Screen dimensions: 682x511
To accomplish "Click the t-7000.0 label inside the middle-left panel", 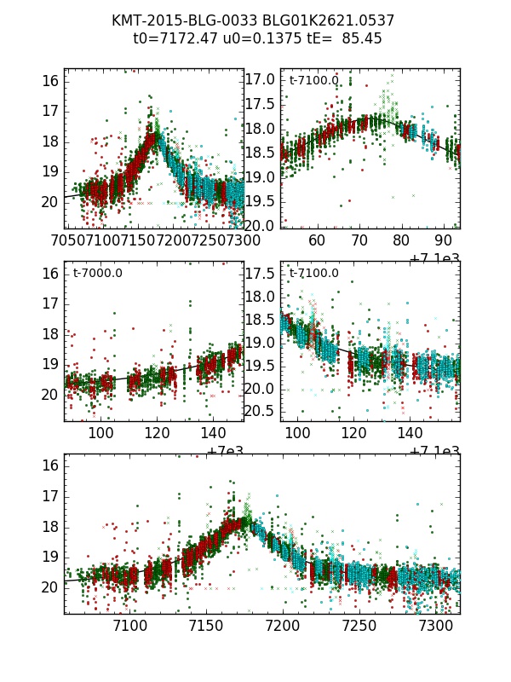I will [99, 274].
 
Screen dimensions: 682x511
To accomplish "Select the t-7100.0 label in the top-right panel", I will [313, 80].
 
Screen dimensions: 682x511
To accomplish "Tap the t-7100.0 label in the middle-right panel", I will [313, 274].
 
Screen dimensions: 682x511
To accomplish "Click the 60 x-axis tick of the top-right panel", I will [317, 240].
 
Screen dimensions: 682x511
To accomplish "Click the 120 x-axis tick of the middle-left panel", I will [158, 433].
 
